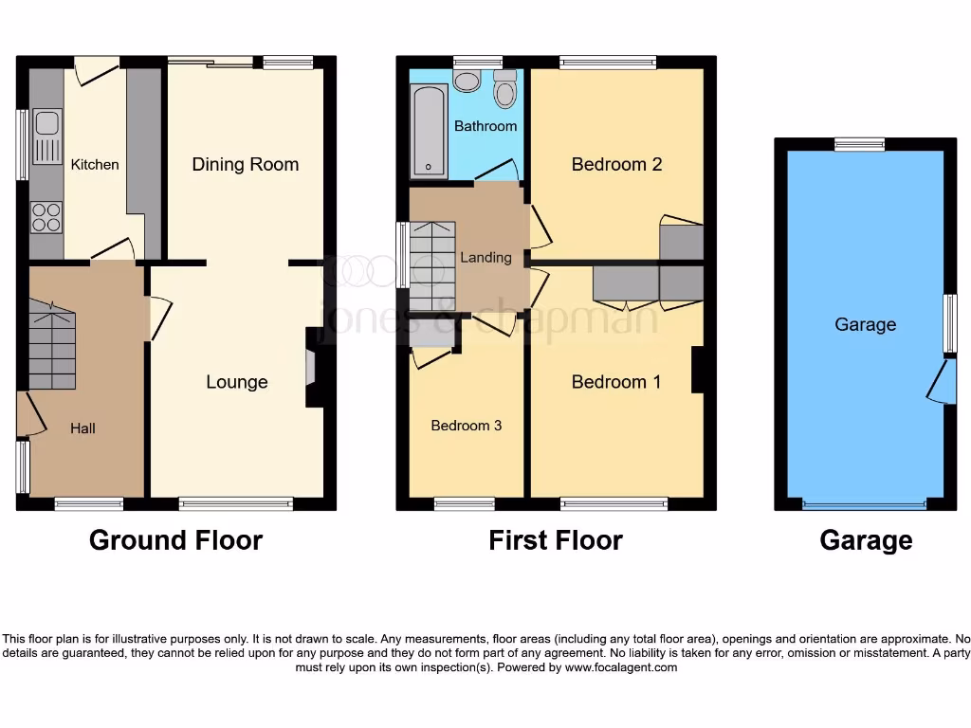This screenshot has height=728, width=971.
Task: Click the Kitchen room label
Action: [95, 164]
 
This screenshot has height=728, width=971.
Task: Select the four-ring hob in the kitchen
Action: [46, 217]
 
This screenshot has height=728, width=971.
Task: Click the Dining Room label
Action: [245, 164]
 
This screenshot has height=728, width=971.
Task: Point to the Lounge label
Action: [237, 382]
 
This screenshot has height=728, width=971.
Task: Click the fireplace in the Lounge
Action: [311, 368]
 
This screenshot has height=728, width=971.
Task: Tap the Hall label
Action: [82, 428]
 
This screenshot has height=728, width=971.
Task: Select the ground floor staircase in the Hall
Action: [52, 345]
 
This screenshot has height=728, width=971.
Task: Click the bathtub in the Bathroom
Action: [429, 131]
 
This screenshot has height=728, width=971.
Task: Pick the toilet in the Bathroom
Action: [504, 91]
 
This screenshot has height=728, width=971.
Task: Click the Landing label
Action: [485, 257]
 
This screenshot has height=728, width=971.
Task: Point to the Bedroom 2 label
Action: [616, 164]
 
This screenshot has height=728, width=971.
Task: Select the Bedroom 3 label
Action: [467, 426]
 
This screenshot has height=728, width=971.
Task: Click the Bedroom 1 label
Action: [616, 382]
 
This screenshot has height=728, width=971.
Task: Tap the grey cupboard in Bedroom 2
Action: [681, 242]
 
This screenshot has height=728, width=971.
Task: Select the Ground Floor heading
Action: [175, 540]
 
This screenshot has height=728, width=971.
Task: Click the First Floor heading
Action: [556, 540]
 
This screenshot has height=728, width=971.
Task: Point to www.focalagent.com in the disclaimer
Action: [621, 667]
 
